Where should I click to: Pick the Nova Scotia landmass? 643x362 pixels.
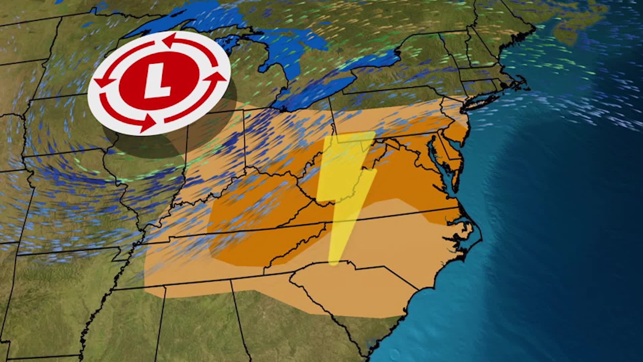[576, 20]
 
